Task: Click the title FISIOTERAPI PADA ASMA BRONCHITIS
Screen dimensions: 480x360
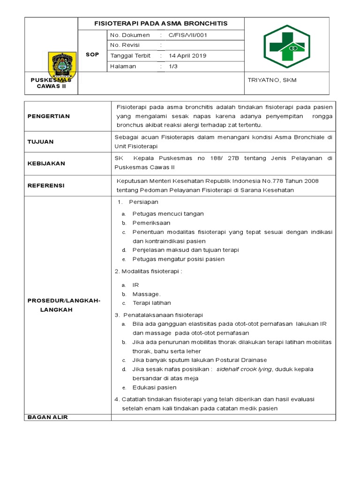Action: click(161, 23)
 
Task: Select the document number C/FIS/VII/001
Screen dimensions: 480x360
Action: click(187, 35)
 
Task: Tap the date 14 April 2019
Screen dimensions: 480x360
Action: click(187, 56)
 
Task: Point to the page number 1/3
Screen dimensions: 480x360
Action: click(173, 67)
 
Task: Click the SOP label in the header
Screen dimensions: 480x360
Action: click(92, 55)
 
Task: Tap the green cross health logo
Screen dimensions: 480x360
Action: click(287, 45)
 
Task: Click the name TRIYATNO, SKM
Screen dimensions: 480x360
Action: click(272, 80)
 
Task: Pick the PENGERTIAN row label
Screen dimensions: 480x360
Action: click(48, 116)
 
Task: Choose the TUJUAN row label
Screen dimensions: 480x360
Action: click(40, 142)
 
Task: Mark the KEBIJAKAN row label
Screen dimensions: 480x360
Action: click(46, 164)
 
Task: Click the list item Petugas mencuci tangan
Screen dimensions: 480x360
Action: click(168, 214)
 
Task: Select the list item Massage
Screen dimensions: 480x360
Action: click(146, 294)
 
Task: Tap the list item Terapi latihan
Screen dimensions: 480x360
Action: click(151, 303)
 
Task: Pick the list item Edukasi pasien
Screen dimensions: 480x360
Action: click(154, 388)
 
